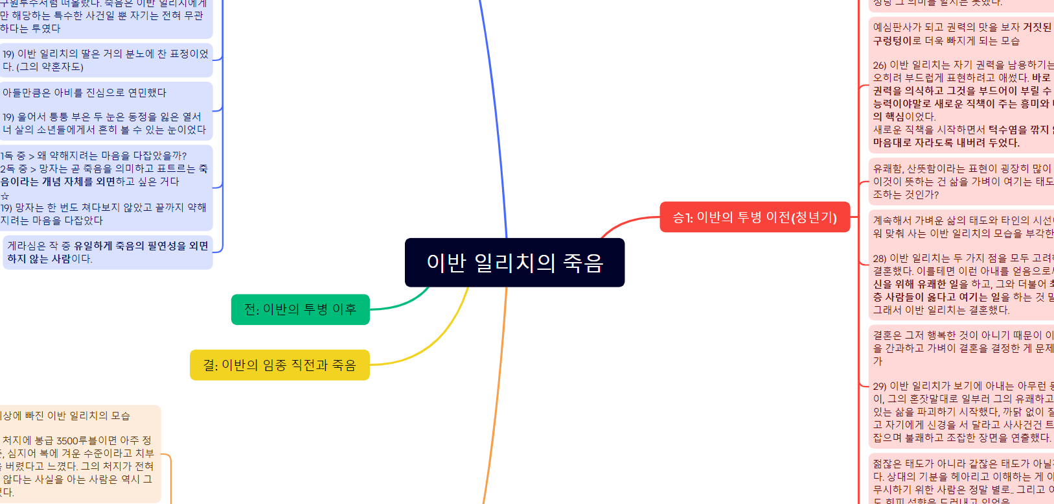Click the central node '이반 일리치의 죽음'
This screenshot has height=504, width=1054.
(x=514, y=263)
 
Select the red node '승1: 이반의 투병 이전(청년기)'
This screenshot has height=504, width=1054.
(x=755, y=217)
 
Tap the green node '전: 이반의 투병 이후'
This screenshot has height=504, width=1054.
(x=300, y=309)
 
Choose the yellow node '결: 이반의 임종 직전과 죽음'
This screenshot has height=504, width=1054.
(x=279, y=365)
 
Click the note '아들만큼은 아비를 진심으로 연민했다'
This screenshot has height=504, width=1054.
(x=107, y=93)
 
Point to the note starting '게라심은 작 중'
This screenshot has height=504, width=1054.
(x=108, y=252)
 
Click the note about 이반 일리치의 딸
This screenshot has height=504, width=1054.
(x=107, y=60)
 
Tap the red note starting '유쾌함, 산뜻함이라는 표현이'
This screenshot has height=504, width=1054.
(x=962, y=182)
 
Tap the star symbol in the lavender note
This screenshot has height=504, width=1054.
(x=5, y=196)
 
